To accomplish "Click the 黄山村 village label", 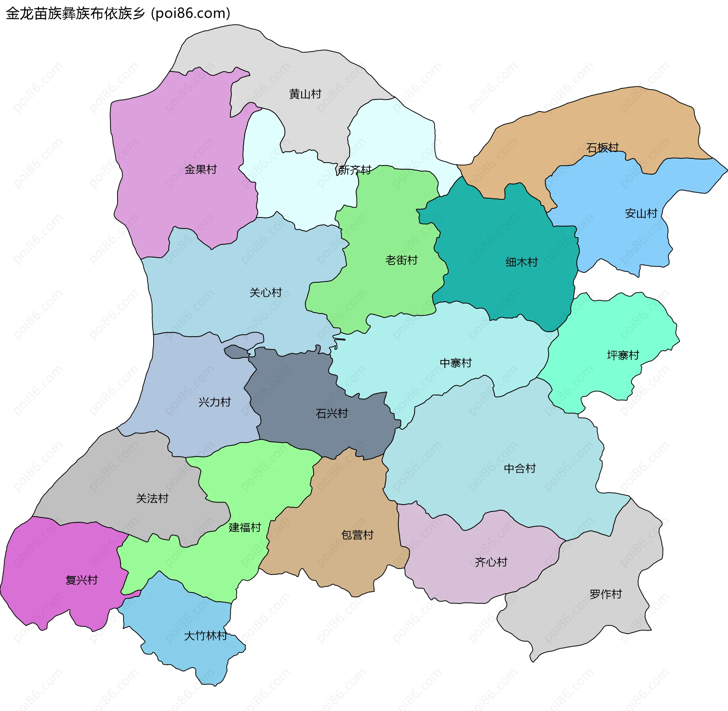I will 305,94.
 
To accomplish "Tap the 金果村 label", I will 201,169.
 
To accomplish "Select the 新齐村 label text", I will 355,170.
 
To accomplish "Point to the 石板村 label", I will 602,147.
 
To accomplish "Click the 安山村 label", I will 641,213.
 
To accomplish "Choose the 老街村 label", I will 402,260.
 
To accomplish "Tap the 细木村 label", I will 522,262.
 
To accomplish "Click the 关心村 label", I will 266,293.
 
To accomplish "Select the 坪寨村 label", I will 623,355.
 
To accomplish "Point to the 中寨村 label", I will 456,363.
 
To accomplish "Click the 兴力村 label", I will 215,402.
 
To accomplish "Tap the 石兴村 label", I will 332,413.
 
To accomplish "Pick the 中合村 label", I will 520,469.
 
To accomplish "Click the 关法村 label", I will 152,498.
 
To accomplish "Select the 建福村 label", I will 245,528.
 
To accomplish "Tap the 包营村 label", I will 357,535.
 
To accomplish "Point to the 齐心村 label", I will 491,562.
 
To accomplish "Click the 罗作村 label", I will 606,594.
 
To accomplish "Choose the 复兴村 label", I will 82,580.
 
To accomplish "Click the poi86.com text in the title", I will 191,14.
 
